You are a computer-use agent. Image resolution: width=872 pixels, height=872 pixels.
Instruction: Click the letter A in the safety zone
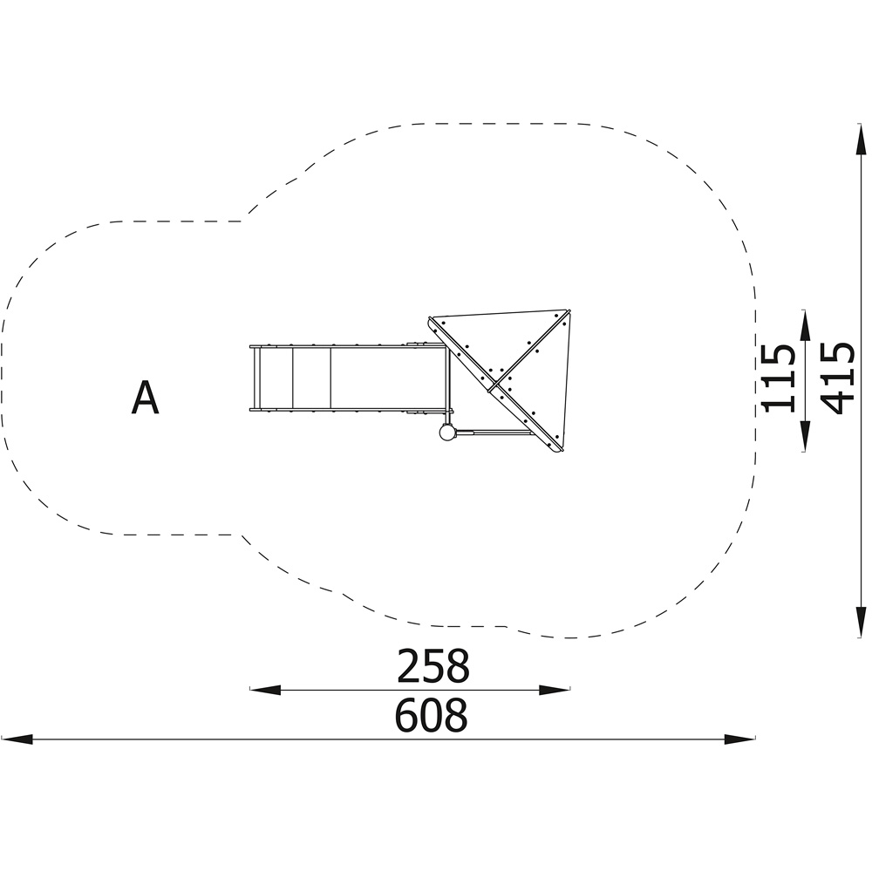pos(145,397)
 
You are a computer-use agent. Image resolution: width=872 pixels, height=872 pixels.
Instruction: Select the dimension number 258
pos(433,665)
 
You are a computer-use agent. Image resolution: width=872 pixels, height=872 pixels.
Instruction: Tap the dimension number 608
pos(432,716)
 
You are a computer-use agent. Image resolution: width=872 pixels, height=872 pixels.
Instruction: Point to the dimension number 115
pos(778,378)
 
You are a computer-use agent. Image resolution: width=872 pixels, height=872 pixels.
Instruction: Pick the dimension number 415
pos(837,378)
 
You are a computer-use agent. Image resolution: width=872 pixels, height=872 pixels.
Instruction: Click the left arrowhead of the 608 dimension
pos(17,739)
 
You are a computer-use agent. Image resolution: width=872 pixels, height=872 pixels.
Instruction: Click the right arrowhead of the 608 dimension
pos(740,739)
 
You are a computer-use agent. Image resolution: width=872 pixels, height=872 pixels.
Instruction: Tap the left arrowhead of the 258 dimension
pos(265,690)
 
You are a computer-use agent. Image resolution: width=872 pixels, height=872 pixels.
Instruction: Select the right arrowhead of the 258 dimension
pos(555,690)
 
